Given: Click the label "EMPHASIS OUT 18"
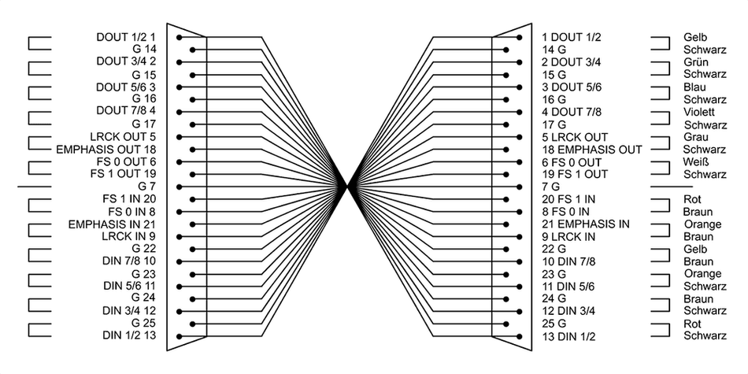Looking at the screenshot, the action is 106,150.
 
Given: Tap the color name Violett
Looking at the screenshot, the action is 699,112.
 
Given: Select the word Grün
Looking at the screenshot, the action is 695,62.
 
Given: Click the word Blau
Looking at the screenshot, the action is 694,87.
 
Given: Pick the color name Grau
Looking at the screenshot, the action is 695,137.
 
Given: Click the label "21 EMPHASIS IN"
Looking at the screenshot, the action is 586,224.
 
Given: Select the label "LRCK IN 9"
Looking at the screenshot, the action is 129,236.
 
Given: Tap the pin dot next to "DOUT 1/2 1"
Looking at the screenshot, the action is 179,37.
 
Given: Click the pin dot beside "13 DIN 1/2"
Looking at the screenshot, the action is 519,336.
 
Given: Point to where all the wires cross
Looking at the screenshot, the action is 348,187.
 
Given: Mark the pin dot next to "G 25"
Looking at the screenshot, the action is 192,324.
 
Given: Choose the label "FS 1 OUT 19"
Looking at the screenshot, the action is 123,174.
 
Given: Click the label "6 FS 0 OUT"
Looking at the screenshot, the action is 572,162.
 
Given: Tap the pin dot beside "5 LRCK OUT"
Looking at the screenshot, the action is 519,137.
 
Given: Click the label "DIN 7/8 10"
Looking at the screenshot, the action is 129,261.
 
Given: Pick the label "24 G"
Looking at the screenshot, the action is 554,298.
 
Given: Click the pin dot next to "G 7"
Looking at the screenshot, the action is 179,187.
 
